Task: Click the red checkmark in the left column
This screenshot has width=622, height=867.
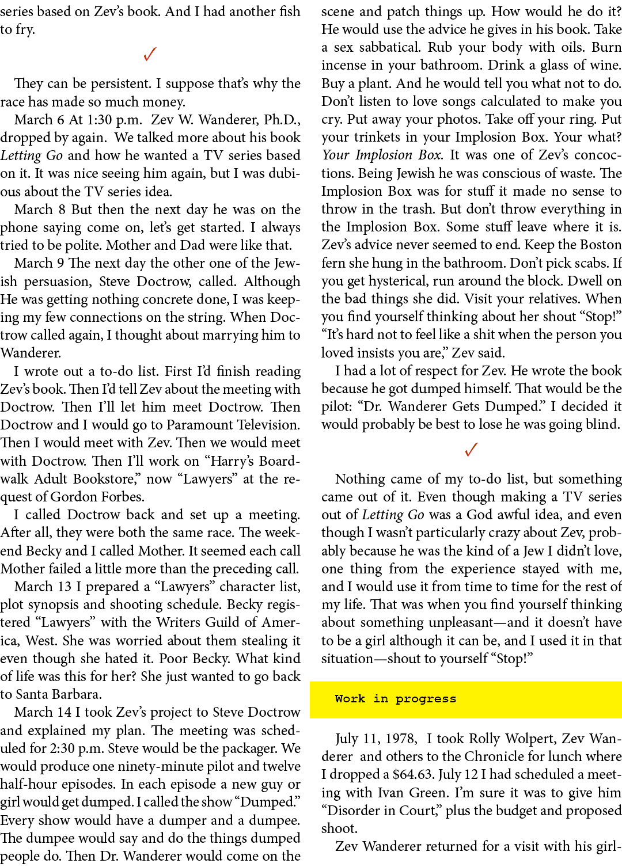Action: [150, 54]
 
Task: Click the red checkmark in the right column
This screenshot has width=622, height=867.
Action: [471, 449]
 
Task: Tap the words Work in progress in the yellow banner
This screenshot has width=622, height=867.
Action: [395, 699]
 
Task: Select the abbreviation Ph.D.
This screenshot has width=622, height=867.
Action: [282, 120]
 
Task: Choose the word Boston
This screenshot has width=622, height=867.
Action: [600, 245]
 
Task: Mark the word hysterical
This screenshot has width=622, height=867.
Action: [403, 281]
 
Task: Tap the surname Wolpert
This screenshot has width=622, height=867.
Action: [526, 739]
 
